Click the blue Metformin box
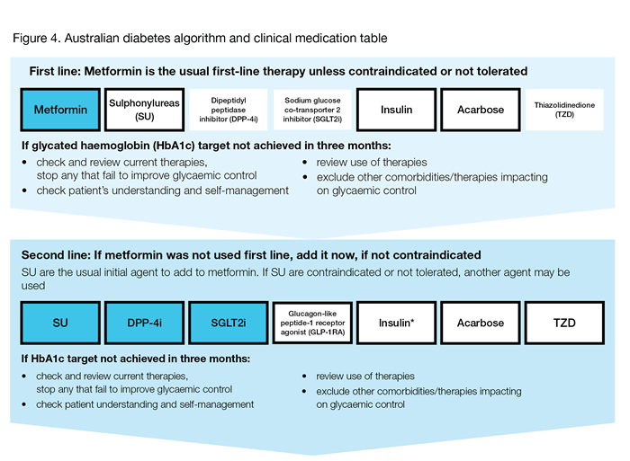click(x=60, y=110)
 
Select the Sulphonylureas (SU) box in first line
click(x=144, y=110)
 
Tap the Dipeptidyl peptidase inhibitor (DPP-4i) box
click(x=228, y=110)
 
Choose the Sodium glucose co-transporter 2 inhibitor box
click(x=311, y=110)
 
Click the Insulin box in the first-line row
click(x=396, y=110)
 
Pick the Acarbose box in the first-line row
click(x=480, y=110)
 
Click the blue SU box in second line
click(x=60, y=321)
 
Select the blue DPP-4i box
click(x=144, y=321)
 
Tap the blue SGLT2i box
click(x=228, y=321)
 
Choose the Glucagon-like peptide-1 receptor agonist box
click(x=311, y=321)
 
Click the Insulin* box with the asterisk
click(x=396, y=321)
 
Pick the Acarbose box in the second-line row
click(x=480, y=321)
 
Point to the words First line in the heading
click(x=57, y=70)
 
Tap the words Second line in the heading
click(x=64, y=254)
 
